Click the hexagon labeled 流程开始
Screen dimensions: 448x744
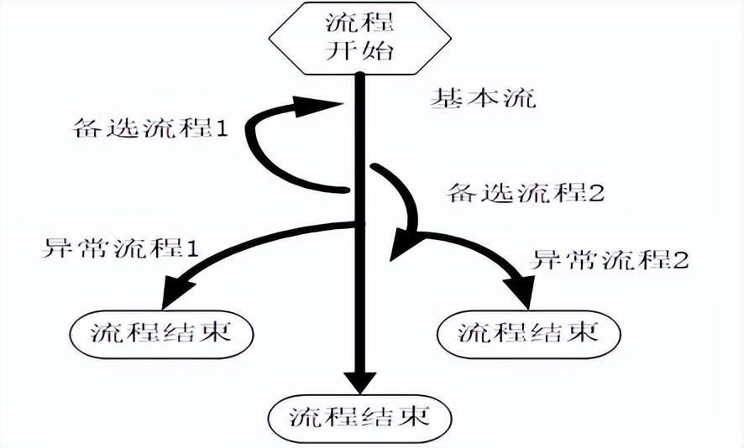(359, 39)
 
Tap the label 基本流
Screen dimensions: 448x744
(482, 99)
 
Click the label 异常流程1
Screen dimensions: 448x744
(120, 248)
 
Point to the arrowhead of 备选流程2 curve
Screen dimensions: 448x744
(403, 247)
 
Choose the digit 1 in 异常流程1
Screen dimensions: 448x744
(191, 248)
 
